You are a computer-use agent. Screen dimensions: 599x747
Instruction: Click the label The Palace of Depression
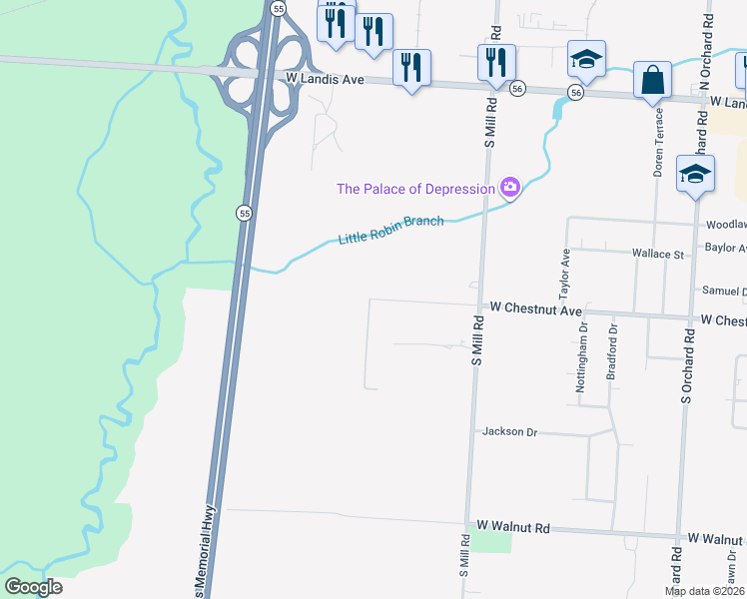(415, 189)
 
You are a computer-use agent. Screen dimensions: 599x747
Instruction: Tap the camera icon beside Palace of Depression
(510, 187)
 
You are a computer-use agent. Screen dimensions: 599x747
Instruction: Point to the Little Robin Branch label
(390, 230)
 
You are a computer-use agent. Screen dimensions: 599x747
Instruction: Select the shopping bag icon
(652, 82)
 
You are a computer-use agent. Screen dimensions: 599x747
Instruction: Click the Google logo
(33, 587)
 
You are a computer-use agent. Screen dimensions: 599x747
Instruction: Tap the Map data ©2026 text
(704, 591)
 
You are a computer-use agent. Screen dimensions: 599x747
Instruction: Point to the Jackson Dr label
(509, 432)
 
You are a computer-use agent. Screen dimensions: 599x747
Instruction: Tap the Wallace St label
(657, 255)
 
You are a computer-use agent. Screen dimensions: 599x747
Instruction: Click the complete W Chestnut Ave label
(529, 311)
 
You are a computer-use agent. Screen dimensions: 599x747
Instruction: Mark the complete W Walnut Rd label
(513, 526)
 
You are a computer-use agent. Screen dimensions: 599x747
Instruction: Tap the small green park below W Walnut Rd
(489, 541)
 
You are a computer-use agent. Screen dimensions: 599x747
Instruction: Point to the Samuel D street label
(723, 292)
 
